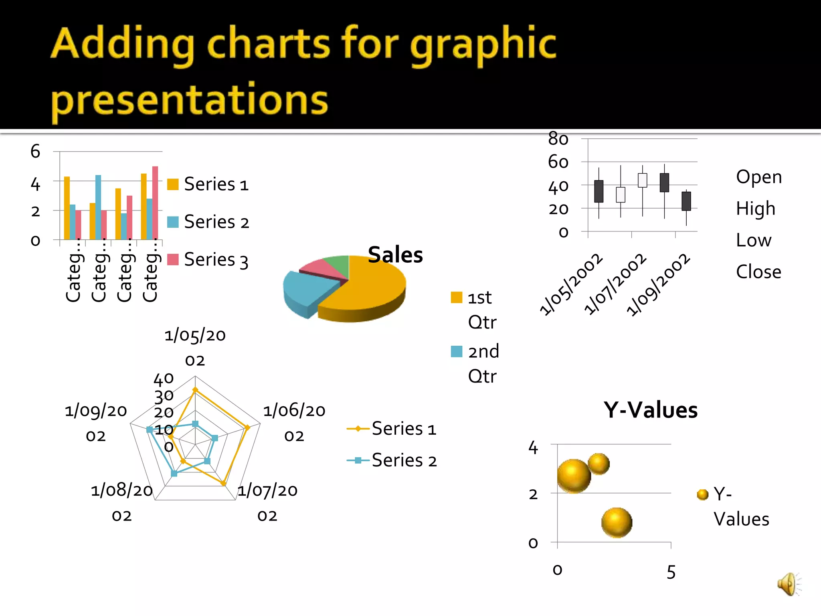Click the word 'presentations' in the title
click(189, 99)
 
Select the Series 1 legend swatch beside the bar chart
click(173, 184)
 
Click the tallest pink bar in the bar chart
click(155, 203)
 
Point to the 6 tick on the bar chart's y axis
click(35, 152)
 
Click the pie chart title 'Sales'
click(395, 255)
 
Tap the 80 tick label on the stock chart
click(558, 139)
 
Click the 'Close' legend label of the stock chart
click(758, 272)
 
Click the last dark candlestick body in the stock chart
click(686, 201)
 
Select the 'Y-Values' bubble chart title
click(651, 410)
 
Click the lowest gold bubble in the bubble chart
click(617, 523)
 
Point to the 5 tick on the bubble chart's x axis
click(671, 572)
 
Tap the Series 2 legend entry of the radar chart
click(404, 460)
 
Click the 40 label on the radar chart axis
click(164, 378)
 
